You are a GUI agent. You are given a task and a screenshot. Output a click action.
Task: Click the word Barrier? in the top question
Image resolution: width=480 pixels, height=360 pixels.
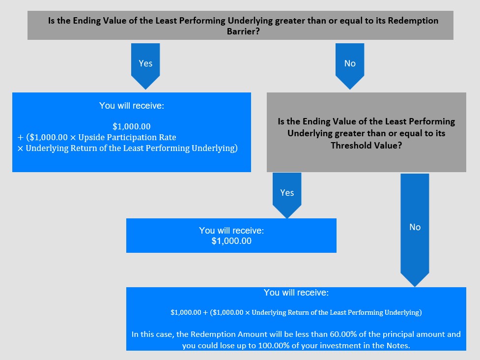coord(243,31)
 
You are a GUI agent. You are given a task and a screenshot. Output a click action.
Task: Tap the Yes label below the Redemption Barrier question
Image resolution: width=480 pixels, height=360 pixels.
coord(145,63)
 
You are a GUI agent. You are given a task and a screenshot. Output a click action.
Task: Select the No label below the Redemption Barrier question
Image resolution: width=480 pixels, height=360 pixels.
coord(350,63)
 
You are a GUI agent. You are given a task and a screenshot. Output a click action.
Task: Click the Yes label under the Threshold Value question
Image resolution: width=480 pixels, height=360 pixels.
coord(287,193)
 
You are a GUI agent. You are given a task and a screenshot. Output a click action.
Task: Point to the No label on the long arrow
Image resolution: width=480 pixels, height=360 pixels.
coord(415,227)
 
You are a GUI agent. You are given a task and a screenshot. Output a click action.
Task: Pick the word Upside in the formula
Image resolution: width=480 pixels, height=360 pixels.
coord(91,138)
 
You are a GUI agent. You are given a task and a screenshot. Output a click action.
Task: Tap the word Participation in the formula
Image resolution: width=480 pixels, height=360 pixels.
coord(132,138)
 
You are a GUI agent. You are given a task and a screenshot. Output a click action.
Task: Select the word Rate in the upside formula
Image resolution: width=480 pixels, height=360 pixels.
coord(168,137)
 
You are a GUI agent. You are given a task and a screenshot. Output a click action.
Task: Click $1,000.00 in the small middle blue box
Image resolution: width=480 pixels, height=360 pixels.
coord(231,241)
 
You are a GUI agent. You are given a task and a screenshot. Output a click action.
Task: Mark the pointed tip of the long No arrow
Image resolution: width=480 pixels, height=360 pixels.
coord(415,286)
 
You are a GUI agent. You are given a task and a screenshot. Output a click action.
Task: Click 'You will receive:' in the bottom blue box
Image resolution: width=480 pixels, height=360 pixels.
coord(296,293)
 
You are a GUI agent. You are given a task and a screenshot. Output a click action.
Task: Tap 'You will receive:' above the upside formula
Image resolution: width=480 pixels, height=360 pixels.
coord(132,106)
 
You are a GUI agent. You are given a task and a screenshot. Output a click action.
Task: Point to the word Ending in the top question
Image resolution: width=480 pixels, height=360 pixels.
coord(86,21)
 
